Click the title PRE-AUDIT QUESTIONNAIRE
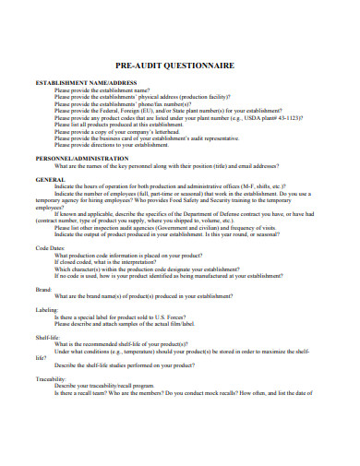(x=179, y=66)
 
